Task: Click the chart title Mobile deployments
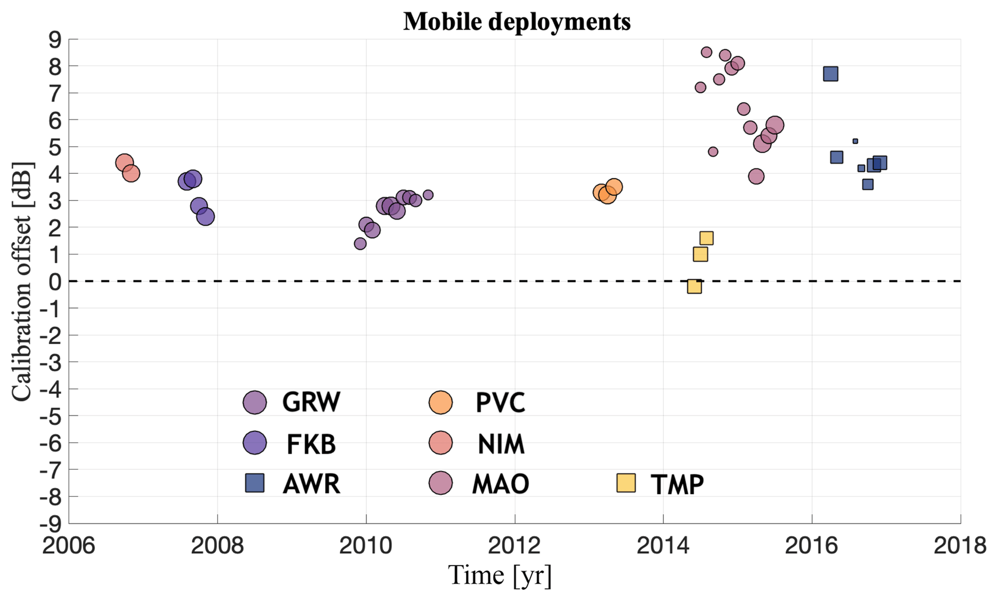[x=517, y=22]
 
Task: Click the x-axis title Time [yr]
[x=500, y=575]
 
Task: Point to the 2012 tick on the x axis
[x=515, y=546]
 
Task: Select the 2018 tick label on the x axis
[x=960, y=546]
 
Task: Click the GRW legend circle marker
[x=255, y=402]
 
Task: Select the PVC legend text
[x=500, y=403]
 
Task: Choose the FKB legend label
[x=311, y=444]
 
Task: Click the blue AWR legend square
[x=255, y=483]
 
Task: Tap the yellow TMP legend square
[x=626, y=483]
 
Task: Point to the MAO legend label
[x=500, y=484]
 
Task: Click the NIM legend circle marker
[x=440, y=443]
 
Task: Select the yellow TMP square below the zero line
[x=694, y=287]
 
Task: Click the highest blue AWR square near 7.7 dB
[x=830, y=74]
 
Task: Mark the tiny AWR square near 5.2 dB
[x=855, y=141]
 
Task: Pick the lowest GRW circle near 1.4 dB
[x=360, y=244]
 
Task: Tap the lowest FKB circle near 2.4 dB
[x=205, y=217]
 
